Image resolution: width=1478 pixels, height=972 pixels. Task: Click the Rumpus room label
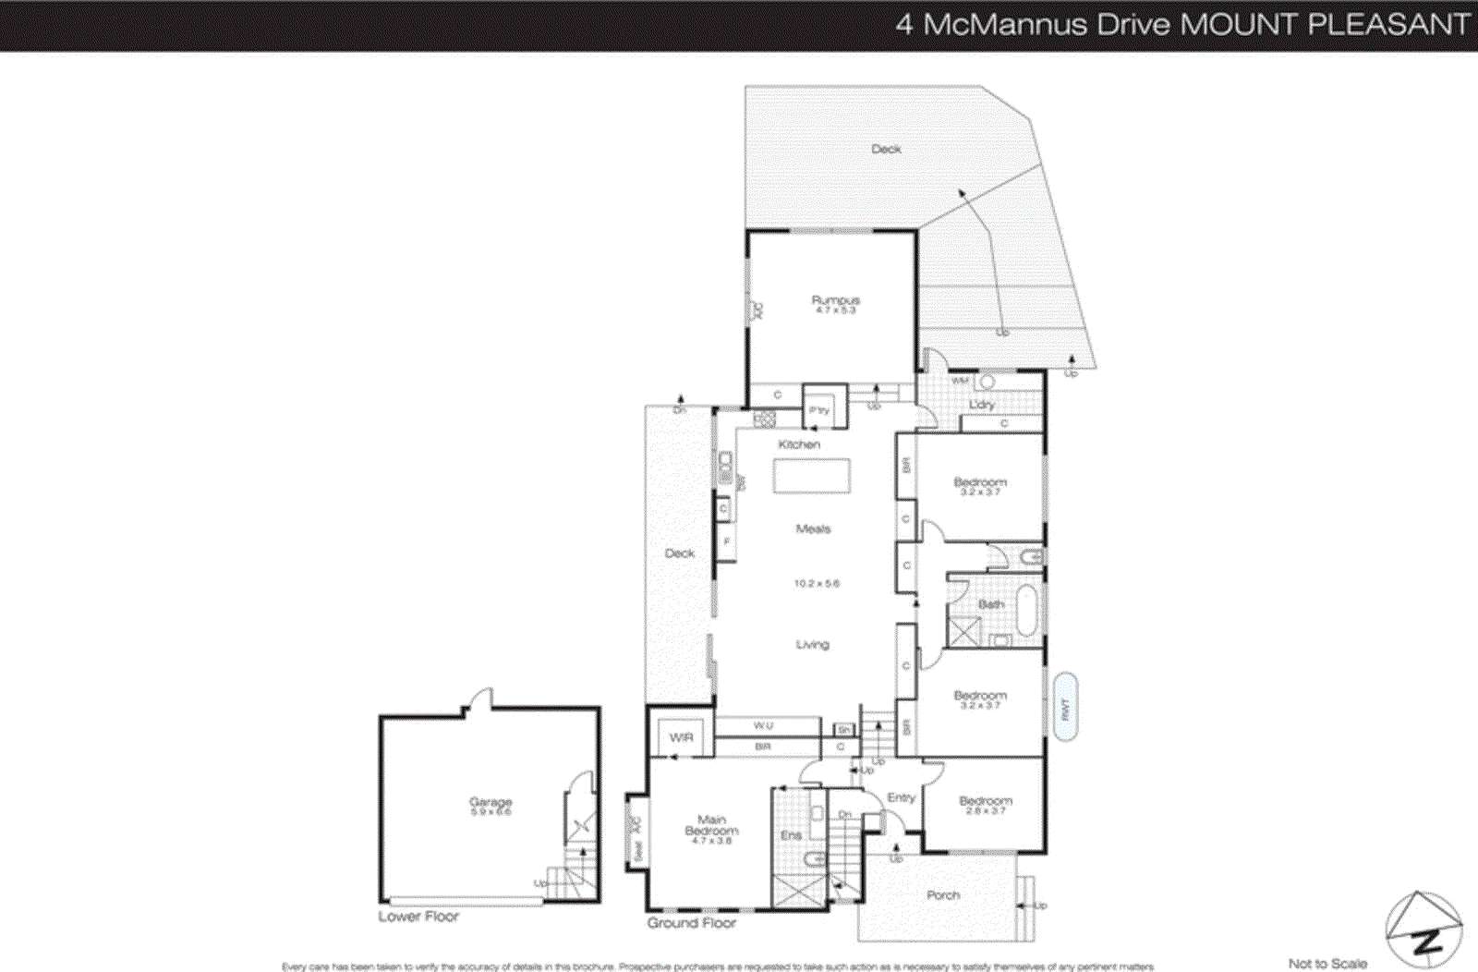click(835, 300)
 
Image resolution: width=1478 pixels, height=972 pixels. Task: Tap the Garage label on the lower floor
click(491, 802)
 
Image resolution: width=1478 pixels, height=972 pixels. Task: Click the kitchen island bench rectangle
click(811, 476)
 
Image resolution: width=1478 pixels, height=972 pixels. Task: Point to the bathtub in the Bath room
click(1026, 609)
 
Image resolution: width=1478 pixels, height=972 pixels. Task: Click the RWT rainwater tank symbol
click(1065, 708)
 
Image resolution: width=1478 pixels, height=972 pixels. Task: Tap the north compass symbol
click(1423, 930)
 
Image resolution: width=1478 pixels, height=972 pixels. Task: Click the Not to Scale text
click(1327, 963)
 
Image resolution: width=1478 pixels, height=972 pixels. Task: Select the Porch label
click(943, 894)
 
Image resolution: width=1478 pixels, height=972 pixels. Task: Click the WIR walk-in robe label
click(681, 737)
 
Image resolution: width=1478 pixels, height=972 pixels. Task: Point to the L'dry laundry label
click(982, 405)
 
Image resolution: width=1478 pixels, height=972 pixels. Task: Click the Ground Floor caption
click(691, 922)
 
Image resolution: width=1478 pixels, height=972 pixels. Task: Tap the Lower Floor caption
click(418, 917)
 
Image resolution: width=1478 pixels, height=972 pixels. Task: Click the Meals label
click(813, 529)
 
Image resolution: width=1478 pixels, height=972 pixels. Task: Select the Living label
click(812, 644)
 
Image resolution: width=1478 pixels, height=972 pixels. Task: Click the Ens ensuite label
click(791, 835)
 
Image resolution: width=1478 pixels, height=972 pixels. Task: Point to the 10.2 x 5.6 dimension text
click(817, 583)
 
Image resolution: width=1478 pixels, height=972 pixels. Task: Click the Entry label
click(901, 797)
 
